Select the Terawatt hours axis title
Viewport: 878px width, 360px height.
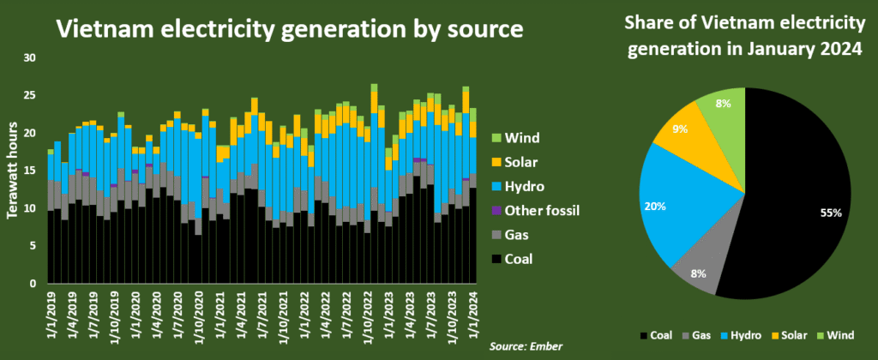click(x=13, y=171)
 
